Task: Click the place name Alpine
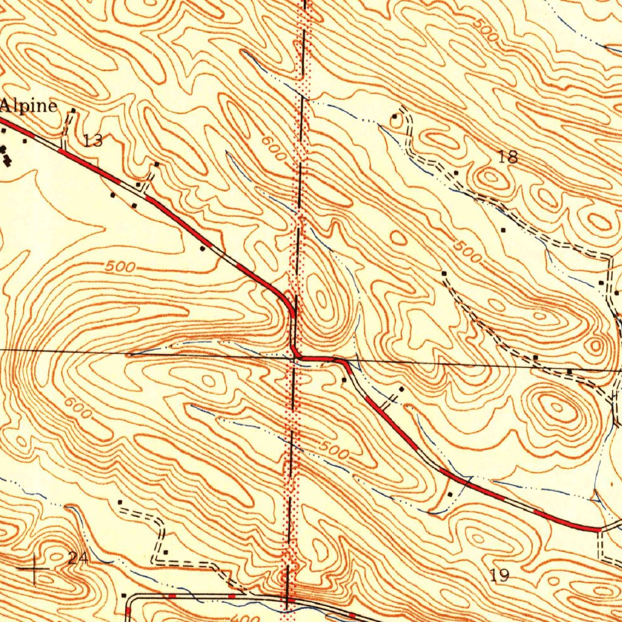(29, 106)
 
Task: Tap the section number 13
(93, 142)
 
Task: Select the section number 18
(508, 157)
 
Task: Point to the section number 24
(77, 558)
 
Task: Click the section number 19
(499, 576)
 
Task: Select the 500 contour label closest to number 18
(468, 251)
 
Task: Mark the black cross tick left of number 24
(34, 569)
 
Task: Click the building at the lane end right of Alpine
(73, 111)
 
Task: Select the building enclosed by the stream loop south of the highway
(449, 494)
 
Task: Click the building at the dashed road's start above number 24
(120, 502)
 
